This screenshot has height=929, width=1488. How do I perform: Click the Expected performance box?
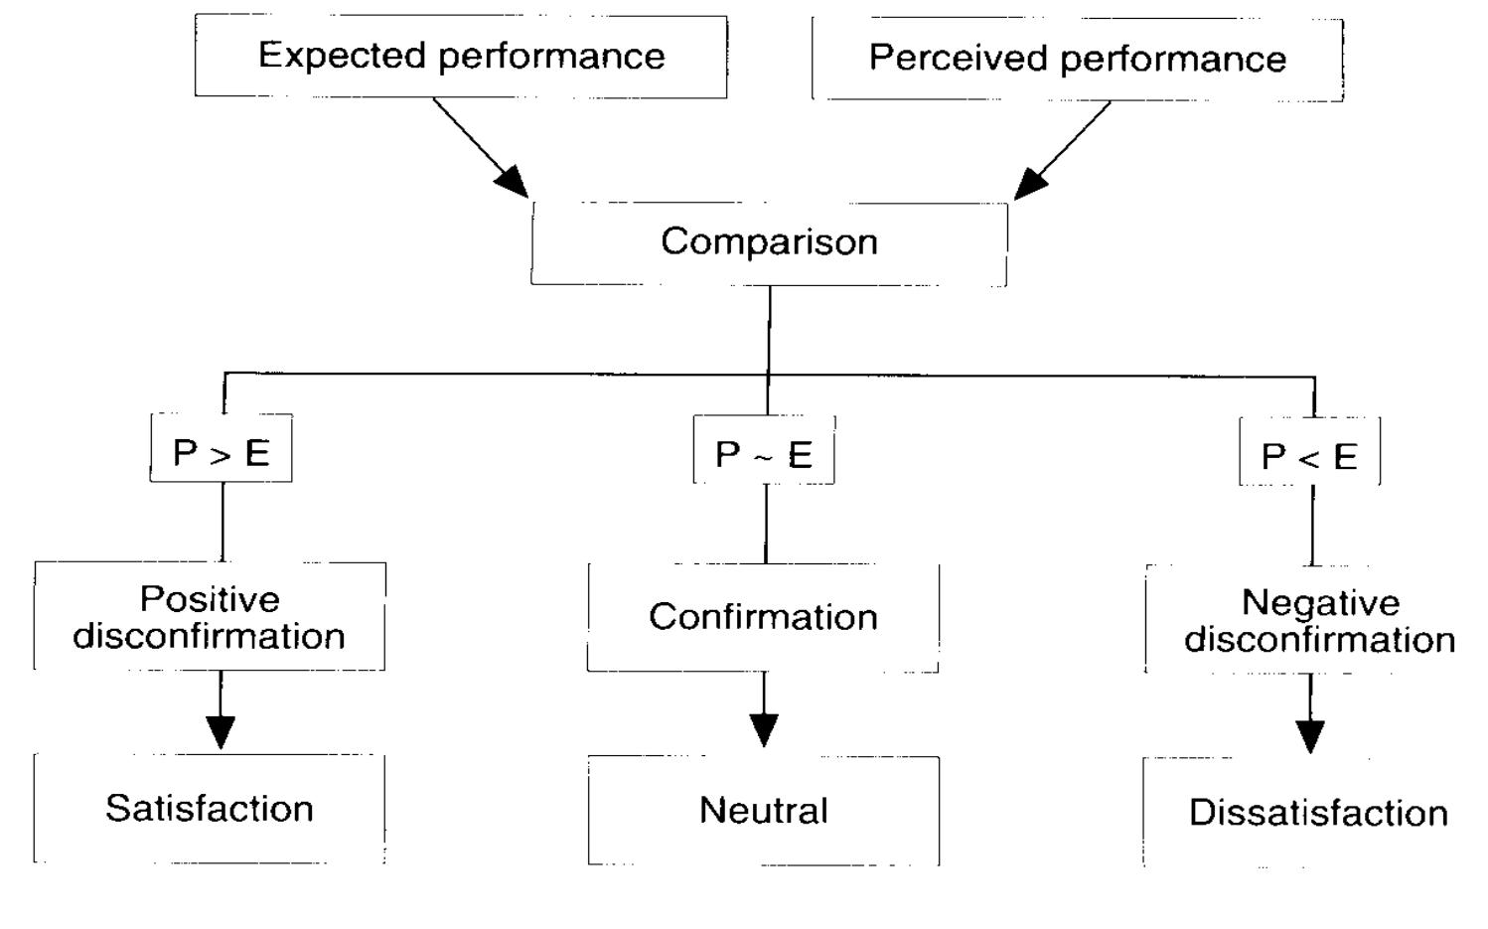tap(461, 56)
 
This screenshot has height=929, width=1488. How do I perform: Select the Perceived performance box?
tap(1077, 59)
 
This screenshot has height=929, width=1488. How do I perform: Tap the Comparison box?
tap(769, 242)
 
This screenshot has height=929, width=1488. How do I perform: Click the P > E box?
tap(221, 449)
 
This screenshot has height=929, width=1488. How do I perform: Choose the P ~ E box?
tap(763, 451)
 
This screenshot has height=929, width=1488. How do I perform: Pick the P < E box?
tap(1309, 453)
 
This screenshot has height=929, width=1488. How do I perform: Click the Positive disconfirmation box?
tap(210, 616)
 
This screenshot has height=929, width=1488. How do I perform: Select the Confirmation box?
tap(763, 617)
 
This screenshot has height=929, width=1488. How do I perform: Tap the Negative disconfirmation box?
tap(1319, 620)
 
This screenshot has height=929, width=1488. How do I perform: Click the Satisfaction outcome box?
tap(210, 808)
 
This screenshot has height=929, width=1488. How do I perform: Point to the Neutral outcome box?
tap(763, 810)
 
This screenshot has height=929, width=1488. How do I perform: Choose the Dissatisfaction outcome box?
tap(1318, 813)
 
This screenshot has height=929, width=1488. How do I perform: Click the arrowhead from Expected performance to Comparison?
tap(514, 183)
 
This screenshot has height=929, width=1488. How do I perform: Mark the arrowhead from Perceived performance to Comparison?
tap(1029, 184)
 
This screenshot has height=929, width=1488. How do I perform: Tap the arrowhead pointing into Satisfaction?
tap(221, 731)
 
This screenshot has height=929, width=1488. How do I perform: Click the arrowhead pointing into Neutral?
tap(764, 730)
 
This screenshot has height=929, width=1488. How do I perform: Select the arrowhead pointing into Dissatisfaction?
tap(1310, 736)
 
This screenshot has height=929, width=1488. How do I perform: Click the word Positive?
tap(210, 599)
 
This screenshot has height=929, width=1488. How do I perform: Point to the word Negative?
tap(1320, 603)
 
